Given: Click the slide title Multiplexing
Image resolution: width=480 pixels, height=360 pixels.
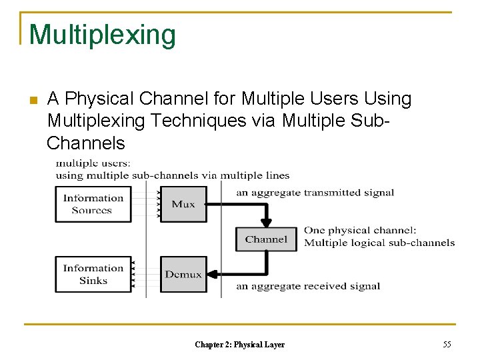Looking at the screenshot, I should tap(102, 35).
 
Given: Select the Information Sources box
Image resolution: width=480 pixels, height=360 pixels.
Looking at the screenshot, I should tap(93, 204).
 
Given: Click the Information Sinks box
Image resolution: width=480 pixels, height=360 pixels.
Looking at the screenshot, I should tap(93, 274).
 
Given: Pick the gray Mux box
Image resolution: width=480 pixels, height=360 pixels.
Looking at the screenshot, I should tap(183, 204).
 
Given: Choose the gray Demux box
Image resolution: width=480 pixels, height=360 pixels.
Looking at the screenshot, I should tap(183, 274).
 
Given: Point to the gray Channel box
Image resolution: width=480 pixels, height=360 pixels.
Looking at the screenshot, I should tap(266, 239).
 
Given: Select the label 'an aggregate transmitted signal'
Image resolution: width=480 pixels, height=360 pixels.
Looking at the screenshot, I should tap(315, 193).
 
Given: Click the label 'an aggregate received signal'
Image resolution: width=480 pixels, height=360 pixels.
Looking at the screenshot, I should tap(308, 287).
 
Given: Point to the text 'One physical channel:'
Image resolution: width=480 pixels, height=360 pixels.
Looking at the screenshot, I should tap(360, 231).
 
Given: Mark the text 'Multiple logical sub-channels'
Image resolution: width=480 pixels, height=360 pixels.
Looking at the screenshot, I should tap(379, 243).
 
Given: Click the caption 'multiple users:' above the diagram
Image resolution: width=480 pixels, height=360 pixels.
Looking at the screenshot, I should tap(93, 163).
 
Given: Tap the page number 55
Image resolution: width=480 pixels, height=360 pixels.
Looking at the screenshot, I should tap(447, 344).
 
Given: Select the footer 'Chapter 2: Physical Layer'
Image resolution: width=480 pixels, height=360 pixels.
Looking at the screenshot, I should tap(239, 345).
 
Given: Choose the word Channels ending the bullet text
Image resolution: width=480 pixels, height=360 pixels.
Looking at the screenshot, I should tap(86, 143).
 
